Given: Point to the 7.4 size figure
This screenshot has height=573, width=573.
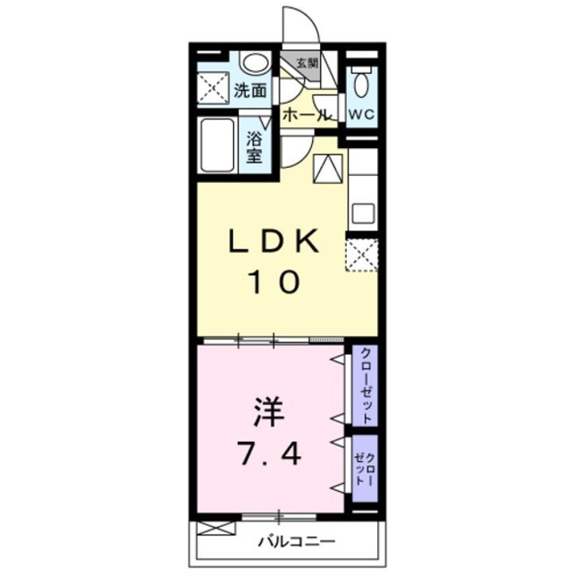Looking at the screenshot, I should [271, 454].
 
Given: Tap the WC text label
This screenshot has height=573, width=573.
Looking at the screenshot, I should [361, 113].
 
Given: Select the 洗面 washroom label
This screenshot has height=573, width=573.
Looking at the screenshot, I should [250, 90].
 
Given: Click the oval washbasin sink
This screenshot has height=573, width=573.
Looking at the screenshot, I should [254, 63].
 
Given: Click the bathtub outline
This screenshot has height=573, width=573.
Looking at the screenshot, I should [216, 146].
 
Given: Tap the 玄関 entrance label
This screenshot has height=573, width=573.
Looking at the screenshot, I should [307, 63].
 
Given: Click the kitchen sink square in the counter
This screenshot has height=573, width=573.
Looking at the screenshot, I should [363, 212].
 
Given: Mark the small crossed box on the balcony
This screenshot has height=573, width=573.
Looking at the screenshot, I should [216, 527].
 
